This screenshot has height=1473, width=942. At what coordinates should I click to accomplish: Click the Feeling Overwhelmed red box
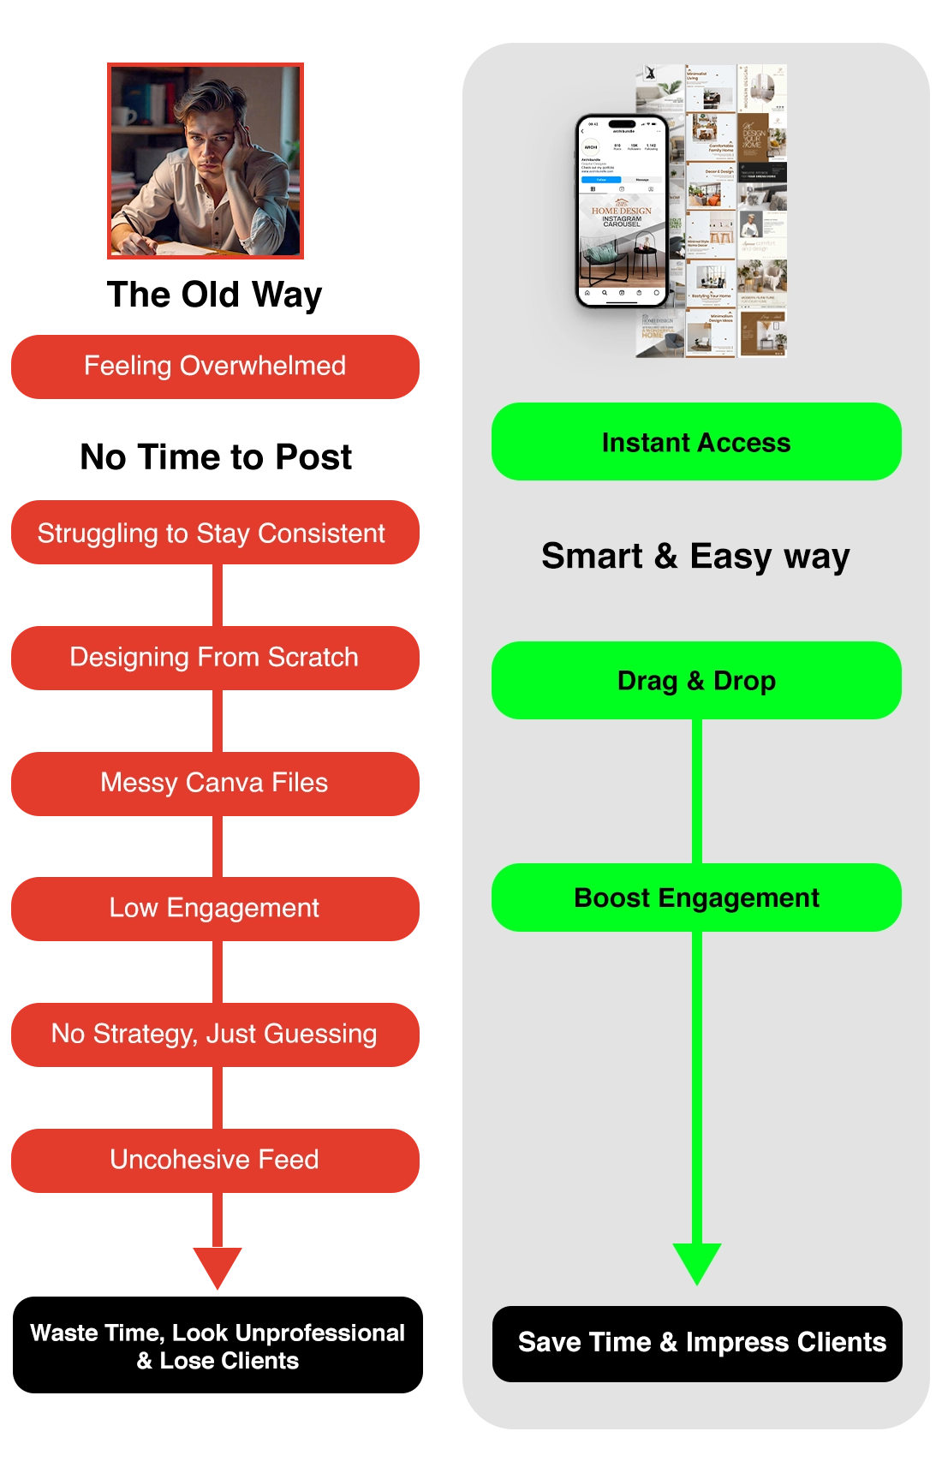[215, 367]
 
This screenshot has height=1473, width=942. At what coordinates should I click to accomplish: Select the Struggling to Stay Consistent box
[215, 534]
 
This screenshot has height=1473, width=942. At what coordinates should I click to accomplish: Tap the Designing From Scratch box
[215, 658]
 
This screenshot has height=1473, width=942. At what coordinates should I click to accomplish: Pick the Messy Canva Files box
[215, 783]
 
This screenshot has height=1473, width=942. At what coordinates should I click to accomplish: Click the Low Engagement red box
[215, 908]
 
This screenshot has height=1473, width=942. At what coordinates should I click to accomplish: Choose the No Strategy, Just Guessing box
[215, 1034]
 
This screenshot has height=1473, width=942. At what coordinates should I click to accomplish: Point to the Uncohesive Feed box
[215, 1160]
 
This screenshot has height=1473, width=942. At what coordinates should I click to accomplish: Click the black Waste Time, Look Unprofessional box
[217, 1346]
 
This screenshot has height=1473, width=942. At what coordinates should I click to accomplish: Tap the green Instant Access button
[696, 442]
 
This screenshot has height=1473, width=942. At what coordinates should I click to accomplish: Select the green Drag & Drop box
[696, 681]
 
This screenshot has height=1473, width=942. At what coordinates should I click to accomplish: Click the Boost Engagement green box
[696, 898]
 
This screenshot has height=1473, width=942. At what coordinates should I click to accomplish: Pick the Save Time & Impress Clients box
[697, 1343]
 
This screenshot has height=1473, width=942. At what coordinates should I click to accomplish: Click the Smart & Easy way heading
[695, 557]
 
